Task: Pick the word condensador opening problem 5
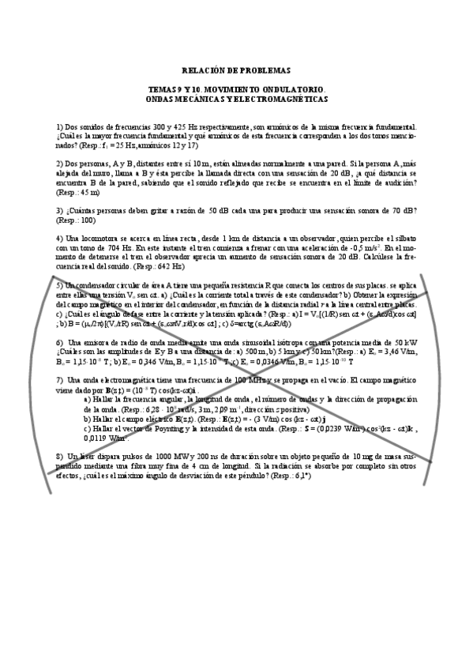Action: coord(99,284)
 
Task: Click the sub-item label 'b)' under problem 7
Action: coord(87,419)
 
